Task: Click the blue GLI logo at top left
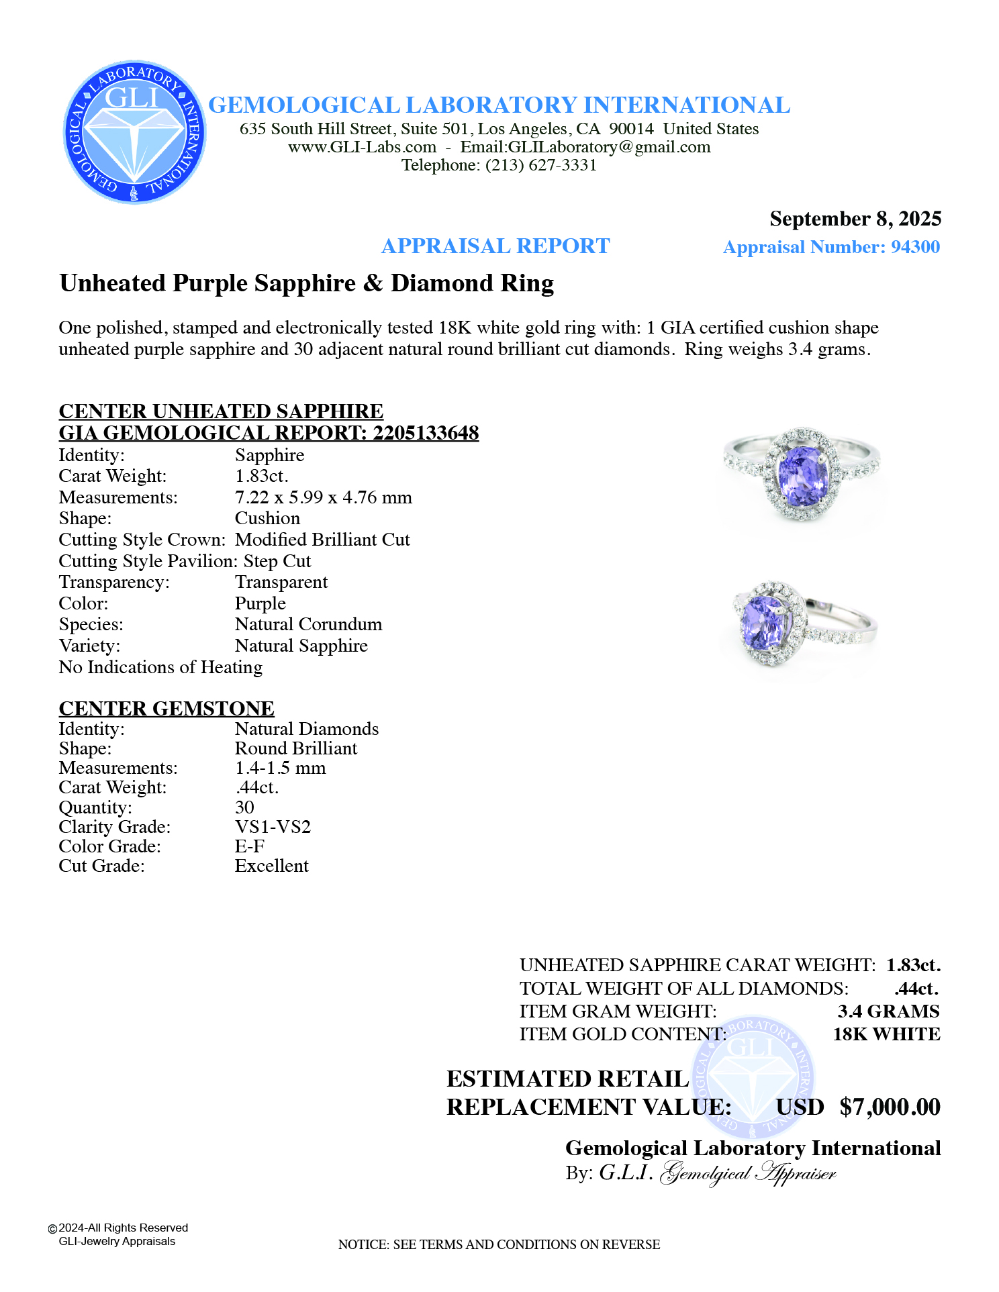coord(134,132)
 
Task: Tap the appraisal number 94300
coord(915,247)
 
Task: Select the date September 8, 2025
coord(855,219)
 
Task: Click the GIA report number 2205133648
coord(426,433)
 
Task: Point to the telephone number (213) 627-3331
coord(541,165)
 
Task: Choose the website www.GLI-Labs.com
coord(362,147)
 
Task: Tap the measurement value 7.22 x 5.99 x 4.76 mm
coord(323,497)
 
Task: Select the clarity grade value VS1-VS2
coord(273,826)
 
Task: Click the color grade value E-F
coord(249,846)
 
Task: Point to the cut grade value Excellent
coord(271,866)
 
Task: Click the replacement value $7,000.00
coord(890,1107)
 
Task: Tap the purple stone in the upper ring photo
coord(802,475)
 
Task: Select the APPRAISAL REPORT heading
coord(495,246)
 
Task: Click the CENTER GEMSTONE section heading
coord(166,708)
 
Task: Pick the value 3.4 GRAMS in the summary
coord(888,1011)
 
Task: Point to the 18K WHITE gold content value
coord(886,1034)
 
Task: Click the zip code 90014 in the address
coord(631,129)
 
